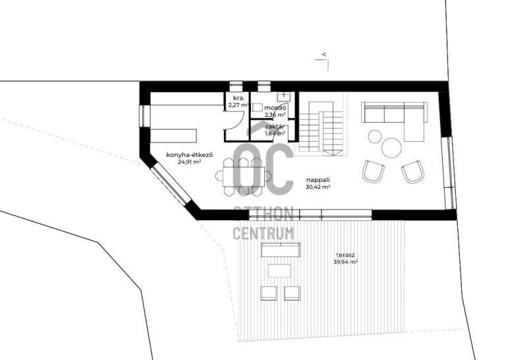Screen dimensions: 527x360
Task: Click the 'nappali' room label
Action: tap(318, 180)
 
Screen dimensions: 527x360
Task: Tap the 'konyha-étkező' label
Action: tap(190, 155)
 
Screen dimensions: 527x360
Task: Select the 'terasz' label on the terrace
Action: tap(345, 255)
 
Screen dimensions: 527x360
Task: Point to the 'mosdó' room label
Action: tap(275, 108)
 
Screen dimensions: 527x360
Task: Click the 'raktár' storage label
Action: tap(275, 127)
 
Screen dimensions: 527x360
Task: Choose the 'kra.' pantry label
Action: tap(238, 98)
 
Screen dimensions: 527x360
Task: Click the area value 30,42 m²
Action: tap(318, 187)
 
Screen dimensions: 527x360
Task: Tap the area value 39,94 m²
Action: tap(345, 262)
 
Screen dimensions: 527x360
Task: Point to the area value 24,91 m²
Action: tap(190, 162)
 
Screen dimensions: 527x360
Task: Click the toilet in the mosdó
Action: tap(257, 107)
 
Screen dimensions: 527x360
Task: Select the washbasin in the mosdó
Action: tap(284, 96)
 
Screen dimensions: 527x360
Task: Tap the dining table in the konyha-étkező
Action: tap(243, 177)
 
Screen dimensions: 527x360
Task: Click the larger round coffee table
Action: tap(391, 148)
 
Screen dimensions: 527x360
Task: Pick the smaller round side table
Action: tap(375, 136)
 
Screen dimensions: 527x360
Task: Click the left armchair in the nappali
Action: tap(373, 171)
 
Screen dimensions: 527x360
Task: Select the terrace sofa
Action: tap(281, 250)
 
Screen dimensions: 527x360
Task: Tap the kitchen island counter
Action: tap(173, 136)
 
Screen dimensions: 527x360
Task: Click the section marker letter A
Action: tap(324, 54)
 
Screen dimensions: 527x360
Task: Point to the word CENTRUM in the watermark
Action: tap(264, 233)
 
